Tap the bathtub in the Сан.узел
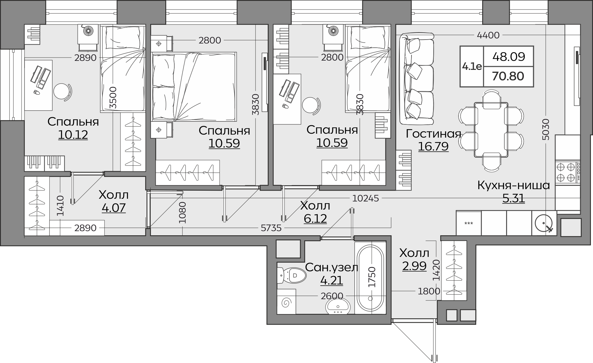click(370, 278)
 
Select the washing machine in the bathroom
click(286, 302)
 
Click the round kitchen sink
click(544, 223)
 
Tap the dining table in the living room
click(491, 129)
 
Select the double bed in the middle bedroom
click(194, 87)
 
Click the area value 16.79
click(433, 147)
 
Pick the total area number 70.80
click(508, 76)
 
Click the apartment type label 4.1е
click(472, 66)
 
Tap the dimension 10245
click(365, 198)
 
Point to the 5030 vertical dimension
click(546, 129)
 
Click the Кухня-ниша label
click(514, 185)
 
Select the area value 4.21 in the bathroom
click(332, 280)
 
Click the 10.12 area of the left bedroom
click(73, 135)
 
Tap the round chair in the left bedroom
click(63, 92)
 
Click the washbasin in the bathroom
click(338, 306)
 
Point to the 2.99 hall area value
click(414, 266)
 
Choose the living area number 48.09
click(509, 56)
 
